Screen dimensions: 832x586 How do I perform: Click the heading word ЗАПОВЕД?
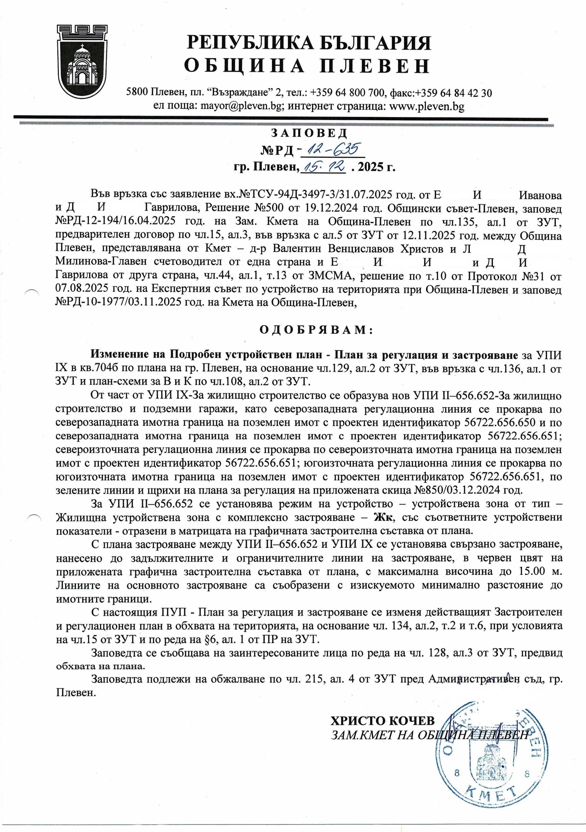(x=309, y=133)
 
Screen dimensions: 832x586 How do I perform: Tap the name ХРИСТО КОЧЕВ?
(x=382, y=721)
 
